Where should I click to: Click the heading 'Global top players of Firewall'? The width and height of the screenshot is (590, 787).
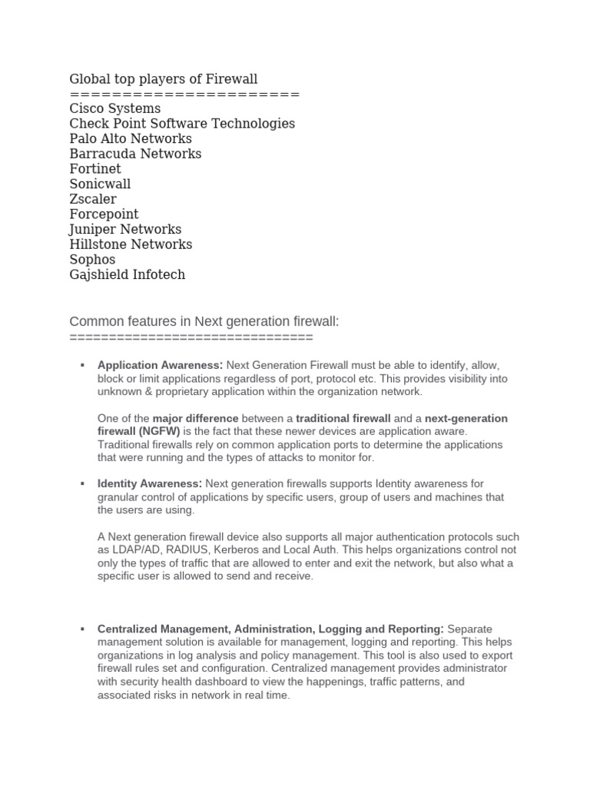[x=164, y=78]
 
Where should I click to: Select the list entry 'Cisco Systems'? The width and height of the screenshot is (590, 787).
[x=115, y=108]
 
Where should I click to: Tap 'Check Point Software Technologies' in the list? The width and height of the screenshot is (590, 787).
[x=182, y=124]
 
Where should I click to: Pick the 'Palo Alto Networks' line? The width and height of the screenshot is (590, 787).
[x=131, y=138]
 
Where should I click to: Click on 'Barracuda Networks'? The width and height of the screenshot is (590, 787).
[x=135, y=154]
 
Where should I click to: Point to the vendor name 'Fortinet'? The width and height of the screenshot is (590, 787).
[x=95, y=168]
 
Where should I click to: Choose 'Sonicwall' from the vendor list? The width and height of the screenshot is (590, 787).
[x=100, y=184]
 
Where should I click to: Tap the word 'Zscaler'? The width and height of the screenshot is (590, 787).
[x=93, y=199]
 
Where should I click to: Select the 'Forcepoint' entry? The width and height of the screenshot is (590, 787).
[x=104, y=214]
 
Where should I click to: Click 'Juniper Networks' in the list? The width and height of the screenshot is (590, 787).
[x=125, y=229]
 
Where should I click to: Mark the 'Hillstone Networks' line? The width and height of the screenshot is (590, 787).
[x=131, y=244]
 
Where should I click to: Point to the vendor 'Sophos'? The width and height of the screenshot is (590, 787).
[x=92, y=259]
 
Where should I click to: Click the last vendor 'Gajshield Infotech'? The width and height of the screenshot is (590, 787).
[x=128, y=274]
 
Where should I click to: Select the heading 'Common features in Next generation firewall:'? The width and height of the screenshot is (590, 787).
[x=204, y=321]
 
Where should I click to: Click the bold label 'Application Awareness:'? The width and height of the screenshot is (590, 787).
[x=160, y=365]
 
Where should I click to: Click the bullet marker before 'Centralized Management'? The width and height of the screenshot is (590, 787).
[x=81, y=629]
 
